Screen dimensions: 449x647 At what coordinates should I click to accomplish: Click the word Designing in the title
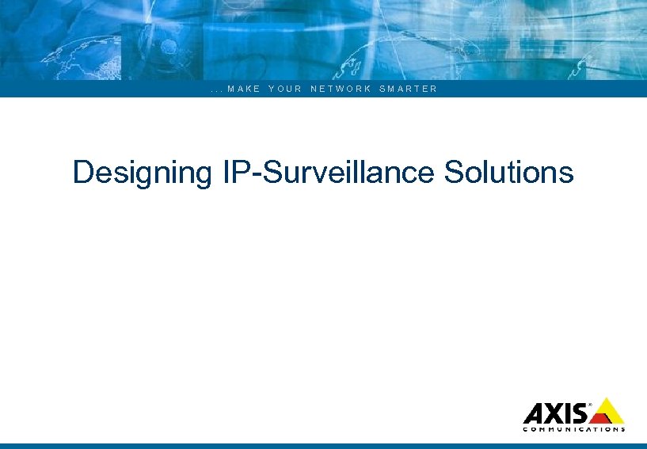[139, 172]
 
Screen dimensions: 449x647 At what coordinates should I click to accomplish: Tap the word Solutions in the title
[508, 172]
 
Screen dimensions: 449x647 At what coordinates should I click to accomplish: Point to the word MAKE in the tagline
[243, 89]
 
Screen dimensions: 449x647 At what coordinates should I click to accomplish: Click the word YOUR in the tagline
[285, 89]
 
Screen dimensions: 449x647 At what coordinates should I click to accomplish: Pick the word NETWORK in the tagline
[341, 89]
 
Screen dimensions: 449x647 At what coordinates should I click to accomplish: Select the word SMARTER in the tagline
[408, 89]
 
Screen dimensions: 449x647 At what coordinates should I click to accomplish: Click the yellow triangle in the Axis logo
[607, 411]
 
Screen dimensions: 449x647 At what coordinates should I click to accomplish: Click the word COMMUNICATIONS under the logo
[574, 429]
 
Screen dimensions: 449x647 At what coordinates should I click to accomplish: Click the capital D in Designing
[82, 172]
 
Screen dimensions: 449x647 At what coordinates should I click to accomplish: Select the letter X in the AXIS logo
[553, 414]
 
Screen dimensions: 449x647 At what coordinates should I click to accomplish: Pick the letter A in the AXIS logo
[534, 414]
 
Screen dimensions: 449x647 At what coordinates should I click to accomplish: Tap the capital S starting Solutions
[454, 172]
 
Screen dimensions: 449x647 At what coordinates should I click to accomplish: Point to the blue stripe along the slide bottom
[323, 446]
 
